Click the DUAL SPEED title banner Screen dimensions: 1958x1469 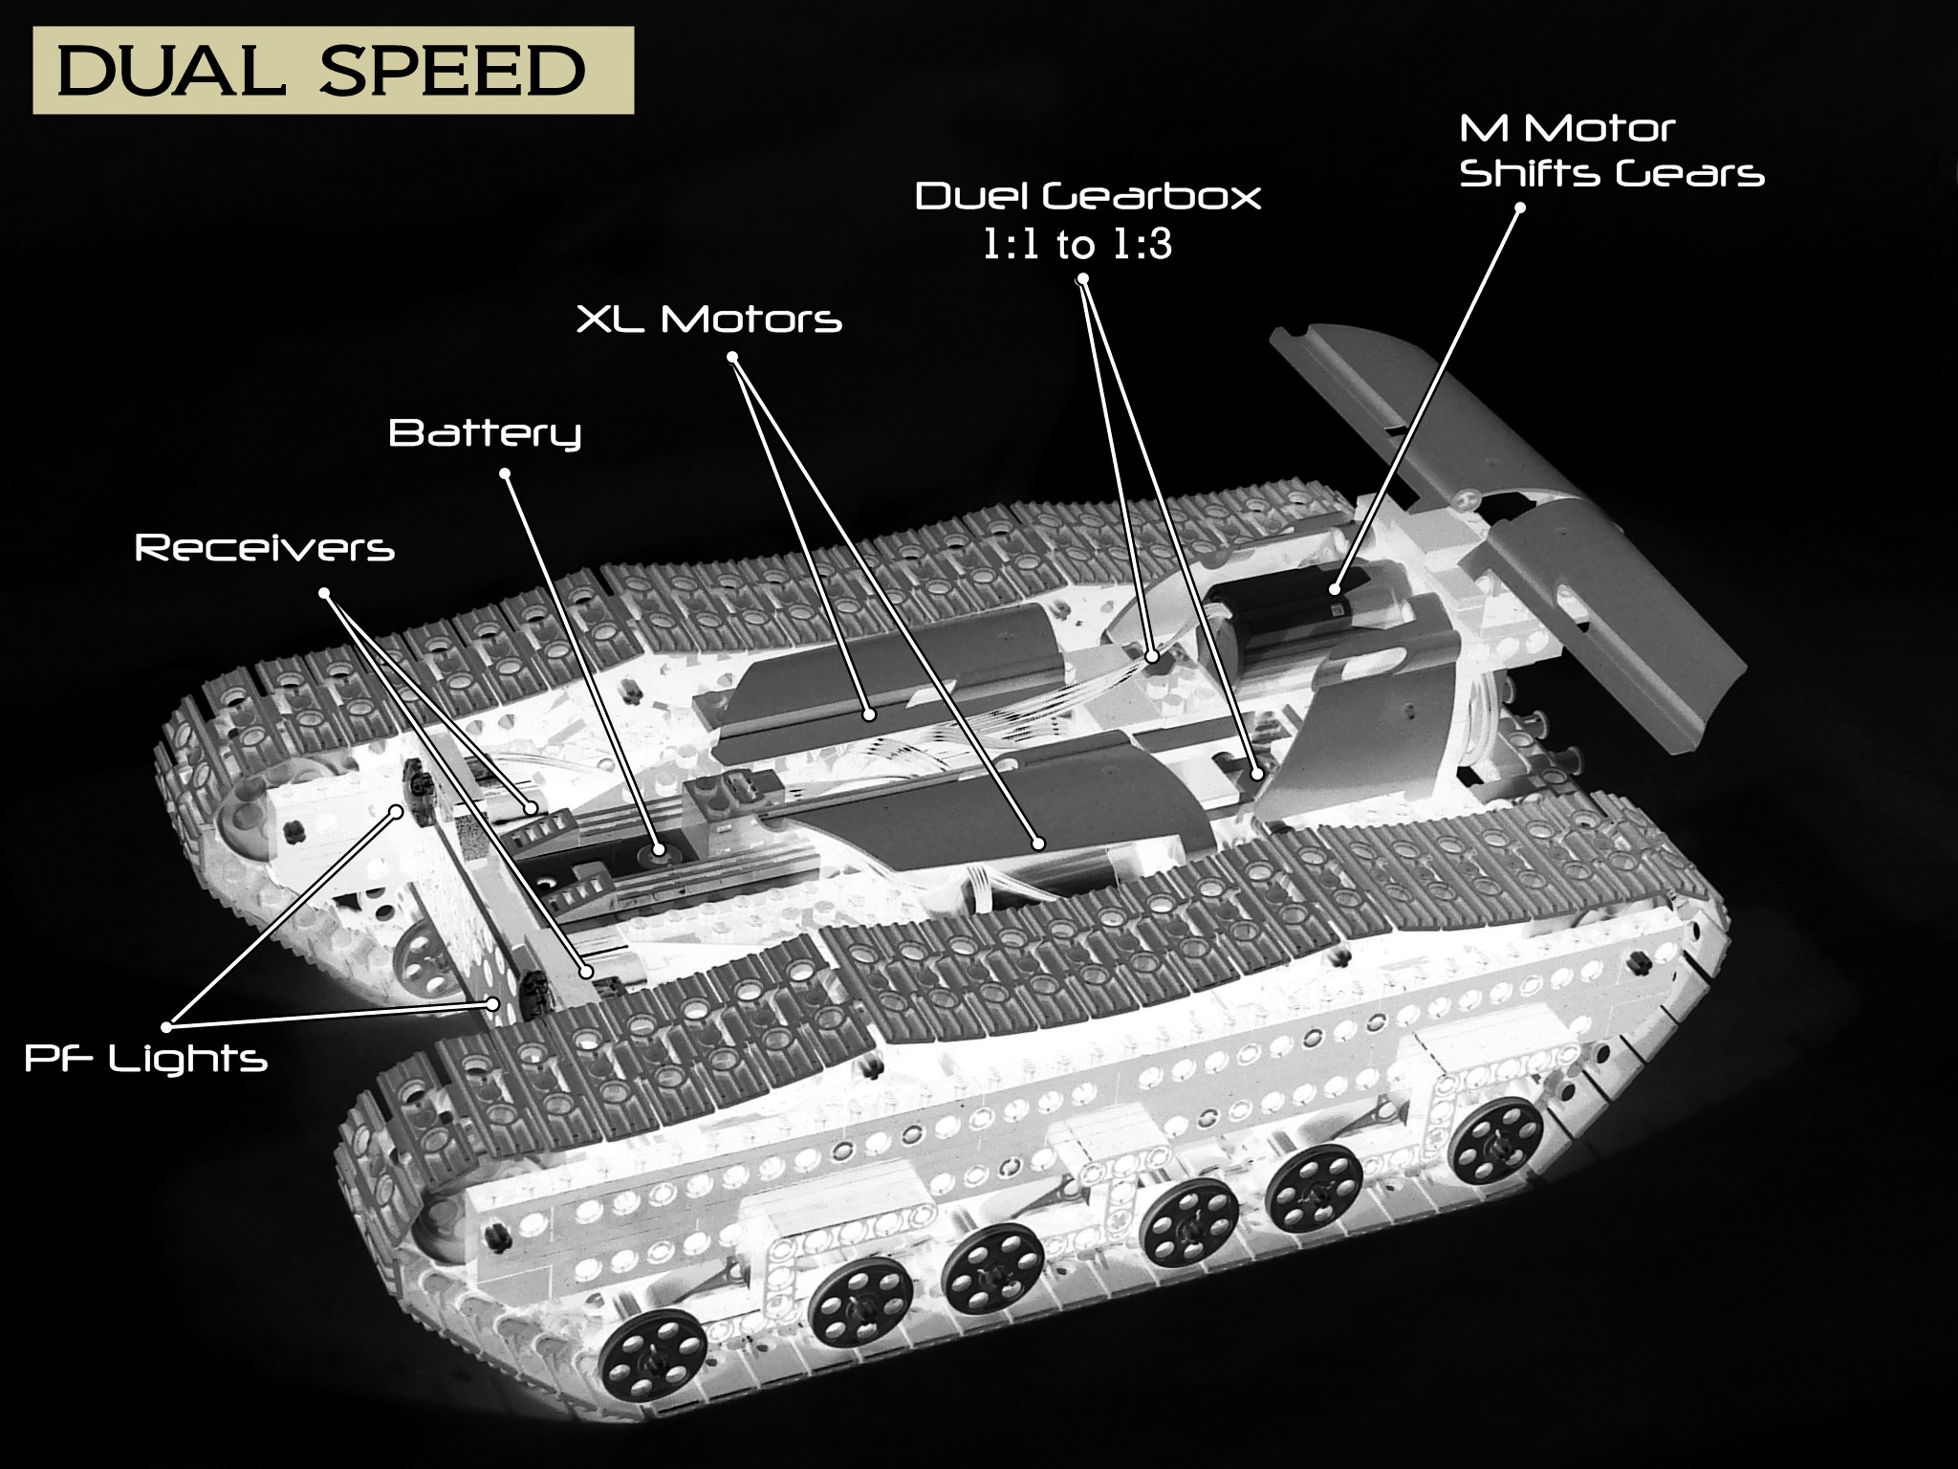click(333, 71)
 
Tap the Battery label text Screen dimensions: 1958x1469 click(485, 434)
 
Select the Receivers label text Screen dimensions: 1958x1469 click(265, 548)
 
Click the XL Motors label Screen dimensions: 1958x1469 click(708, 319)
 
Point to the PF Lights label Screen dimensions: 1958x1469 click(145, 1059)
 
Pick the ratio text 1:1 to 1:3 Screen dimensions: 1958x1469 click(1077, 246)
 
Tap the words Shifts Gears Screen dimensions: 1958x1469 click(1612, 175)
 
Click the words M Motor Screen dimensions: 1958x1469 click(1568, 128)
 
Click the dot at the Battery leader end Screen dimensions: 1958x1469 click(658, 848)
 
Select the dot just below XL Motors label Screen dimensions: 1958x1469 click(733, 358)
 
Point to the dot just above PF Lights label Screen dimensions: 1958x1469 click(167, 1026)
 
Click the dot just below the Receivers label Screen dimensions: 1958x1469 click(324, 594)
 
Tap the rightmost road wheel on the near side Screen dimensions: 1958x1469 click(1500, 1141)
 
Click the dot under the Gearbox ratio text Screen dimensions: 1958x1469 click(1083, 280)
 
